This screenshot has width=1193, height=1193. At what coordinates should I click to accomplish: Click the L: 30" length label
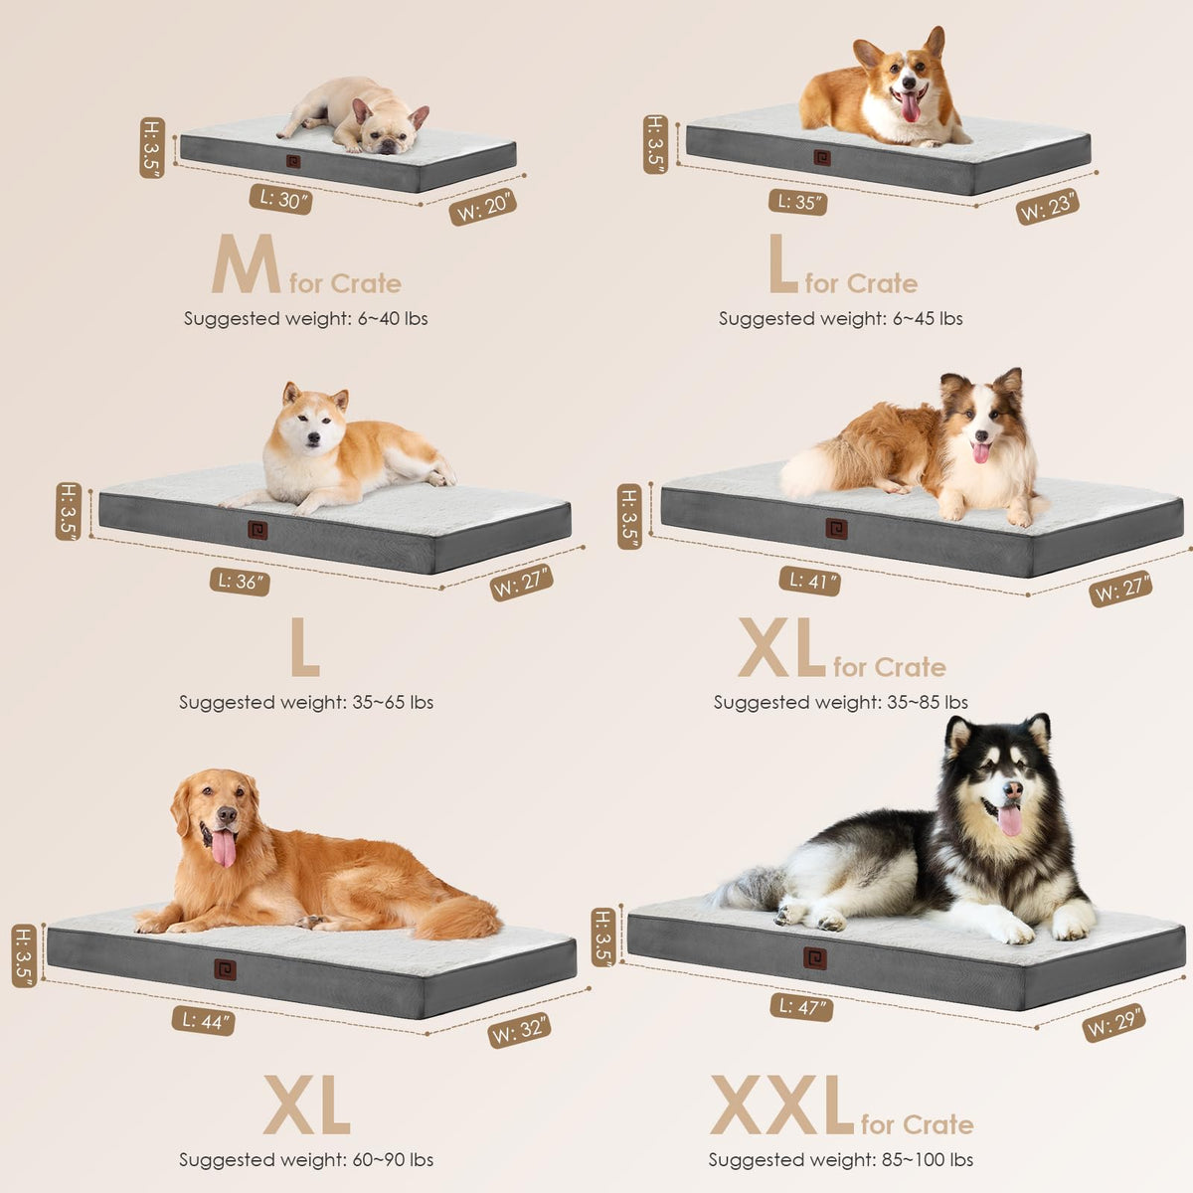pyautogui.click(x=280, y=200)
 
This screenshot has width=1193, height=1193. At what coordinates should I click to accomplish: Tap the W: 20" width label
pyautogui.click(x=483, y=207)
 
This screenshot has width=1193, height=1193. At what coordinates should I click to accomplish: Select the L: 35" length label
pyautogui.click(x=798, y=202)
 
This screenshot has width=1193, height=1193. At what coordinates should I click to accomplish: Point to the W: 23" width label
pyautogui.click(x=1048, y=207)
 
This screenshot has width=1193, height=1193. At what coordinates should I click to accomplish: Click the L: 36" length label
pyautogui.click(x=240, y=582)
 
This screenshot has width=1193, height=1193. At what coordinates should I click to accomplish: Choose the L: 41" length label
pyautogui.click(x=810, y=581)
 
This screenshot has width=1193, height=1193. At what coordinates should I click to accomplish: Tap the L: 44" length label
pyautogui.click(x=204, y=1021)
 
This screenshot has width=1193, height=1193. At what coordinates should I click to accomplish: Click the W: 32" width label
pyautogui.click(x=519, y=1029)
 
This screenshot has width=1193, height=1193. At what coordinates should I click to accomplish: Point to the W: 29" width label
pyautogui.click(x=1113, y=1022)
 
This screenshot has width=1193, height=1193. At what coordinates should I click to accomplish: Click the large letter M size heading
pyautogui.click(x=246, y=263)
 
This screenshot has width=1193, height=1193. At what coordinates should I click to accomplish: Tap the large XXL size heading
pyautogui.click(x=782, y=1107)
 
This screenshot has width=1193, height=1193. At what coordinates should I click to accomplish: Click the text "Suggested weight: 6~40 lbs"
pyautogui.click(x=306, y=319)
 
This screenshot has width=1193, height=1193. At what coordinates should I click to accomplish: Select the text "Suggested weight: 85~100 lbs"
pyautogui.click(x=841, y=1159)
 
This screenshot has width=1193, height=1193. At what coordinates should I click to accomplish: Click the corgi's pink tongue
pyautogui.click(x=910, y=106)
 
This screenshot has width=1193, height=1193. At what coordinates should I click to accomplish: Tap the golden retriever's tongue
pyautogui.click(x=224, y=849)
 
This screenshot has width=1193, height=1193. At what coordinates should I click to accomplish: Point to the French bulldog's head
pyautogui.click(x=388, y=126)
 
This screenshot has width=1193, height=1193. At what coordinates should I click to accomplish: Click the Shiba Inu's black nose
pyautogui.click(x=314, y=439)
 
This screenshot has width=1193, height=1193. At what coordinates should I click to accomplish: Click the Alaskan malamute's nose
pyautogui.click(x=1013, y=790)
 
